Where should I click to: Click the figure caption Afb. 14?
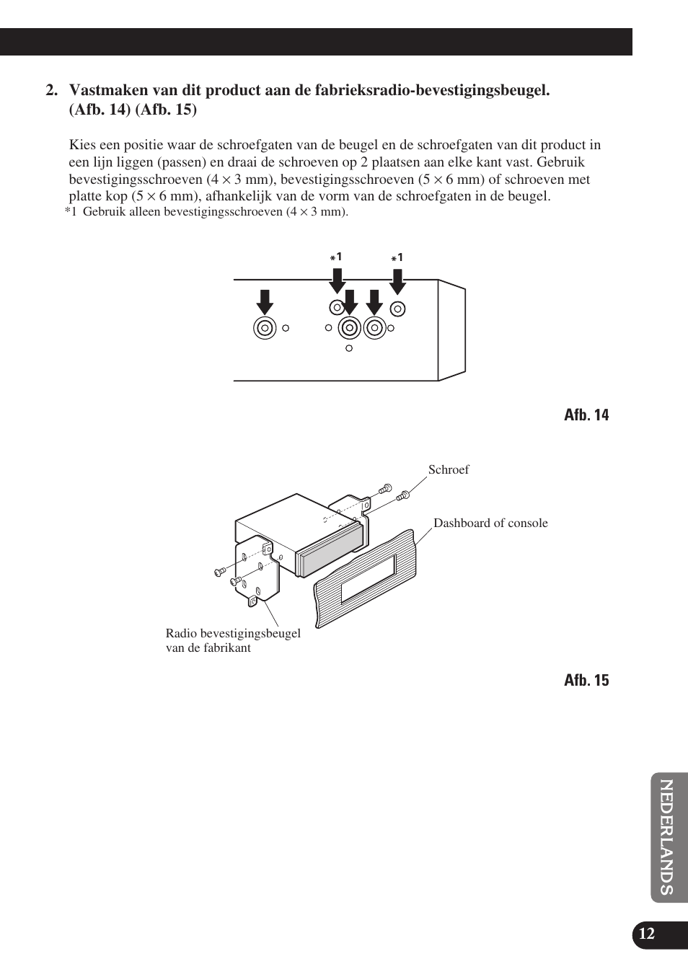[x=586, y=415]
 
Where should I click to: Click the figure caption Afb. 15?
[x=586, y=680]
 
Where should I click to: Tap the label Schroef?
[x=448, y=469]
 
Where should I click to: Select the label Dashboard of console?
[x=490, y=523]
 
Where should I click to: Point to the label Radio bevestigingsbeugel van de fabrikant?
[x=232, y=640]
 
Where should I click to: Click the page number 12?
[x=647, y=934]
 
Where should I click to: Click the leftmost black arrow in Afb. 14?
[x=265, y=302]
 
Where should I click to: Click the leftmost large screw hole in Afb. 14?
[x=265, y=328]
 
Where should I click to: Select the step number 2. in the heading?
[x=51, y=91]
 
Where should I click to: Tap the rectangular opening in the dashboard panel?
[x=368, y=578]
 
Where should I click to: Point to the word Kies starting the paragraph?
[x=82, y=145]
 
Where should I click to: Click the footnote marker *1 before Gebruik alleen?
[x=70, y=212]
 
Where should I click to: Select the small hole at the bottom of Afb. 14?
[x=349, y=348]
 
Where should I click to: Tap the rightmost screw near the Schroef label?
[x=403, y=495]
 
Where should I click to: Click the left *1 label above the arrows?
[x=336, y=257]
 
